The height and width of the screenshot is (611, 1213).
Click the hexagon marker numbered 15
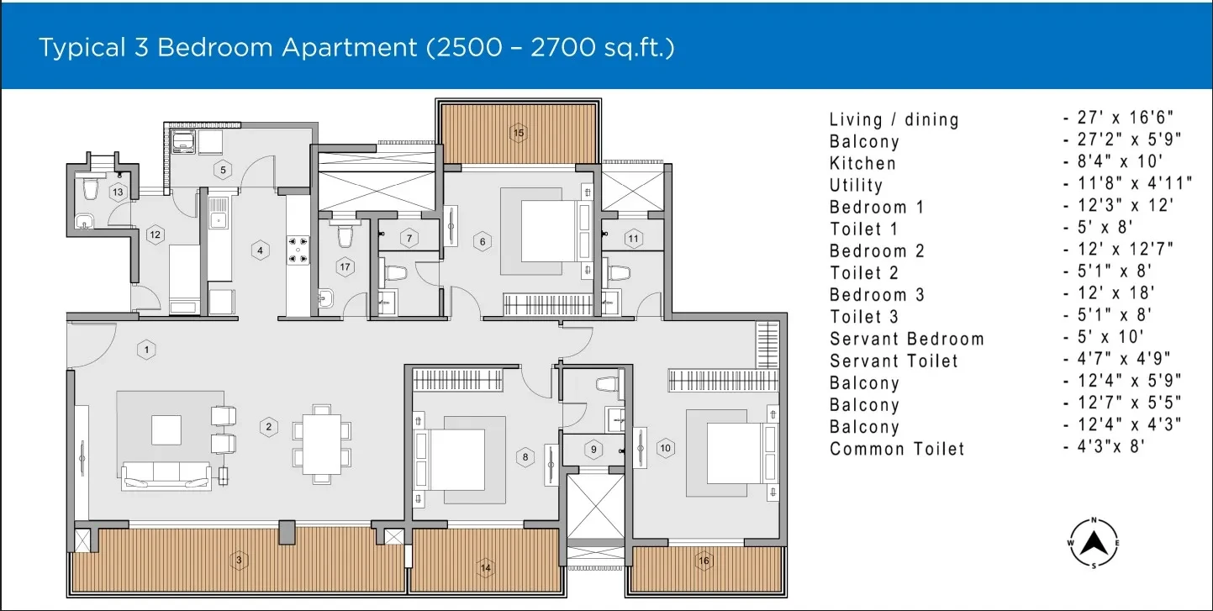tap(518, 133)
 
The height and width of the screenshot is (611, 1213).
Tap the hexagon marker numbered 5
tap(223, 170)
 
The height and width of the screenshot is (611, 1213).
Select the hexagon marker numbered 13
tap(118, 192)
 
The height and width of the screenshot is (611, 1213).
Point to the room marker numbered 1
tap(146, 350)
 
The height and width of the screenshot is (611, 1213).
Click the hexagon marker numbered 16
tap(704, 561)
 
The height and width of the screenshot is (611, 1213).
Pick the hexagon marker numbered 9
tap(593, 449)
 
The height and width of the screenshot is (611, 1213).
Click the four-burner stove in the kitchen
tap(298, 250)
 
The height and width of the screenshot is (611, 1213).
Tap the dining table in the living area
tap(322, 445)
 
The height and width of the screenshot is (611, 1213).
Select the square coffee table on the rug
tap(166, 429)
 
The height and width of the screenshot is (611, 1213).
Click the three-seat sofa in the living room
tap(166, 475)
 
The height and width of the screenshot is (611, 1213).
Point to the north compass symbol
tap(1094, 543)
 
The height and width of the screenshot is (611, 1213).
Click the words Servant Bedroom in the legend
tap(906, 339)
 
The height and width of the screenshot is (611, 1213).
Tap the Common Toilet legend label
tap(897, 449)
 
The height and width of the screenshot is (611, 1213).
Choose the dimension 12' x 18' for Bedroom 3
tap(1115, 292)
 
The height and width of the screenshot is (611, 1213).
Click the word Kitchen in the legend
tap(862, 163)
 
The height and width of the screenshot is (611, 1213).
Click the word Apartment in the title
tap(350, 47)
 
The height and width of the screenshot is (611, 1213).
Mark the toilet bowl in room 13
tap(90, 189)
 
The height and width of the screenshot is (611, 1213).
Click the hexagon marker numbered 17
tap(345, 266)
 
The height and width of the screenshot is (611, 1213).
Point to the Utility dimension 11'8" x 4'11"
tap(1135, 183)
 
